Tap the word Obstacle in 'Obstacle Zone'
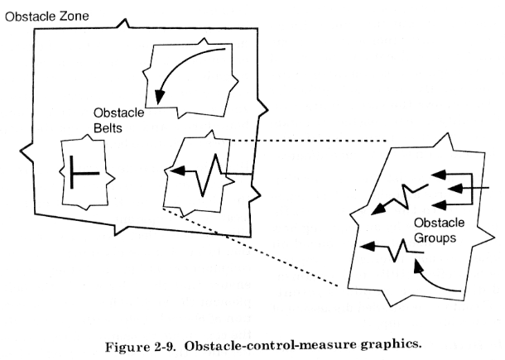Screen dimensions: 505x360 31,17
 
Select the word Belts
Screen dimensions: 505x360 108,127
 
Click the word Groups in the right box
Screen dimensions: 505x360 435,238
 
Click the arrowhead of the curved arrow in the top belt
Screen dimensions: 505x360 159,98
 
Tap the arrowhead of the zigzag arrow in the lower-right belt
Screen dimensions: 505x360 176,170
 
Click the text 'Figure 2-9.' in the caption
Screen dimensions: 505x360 140,347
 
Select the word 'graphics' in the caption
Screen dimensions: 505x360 391,344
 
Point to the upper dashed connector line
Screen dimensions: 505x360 309,141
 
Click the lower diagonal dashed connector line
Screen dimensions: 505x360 250,247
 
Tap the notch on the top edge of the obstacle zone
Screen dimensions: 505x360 124,22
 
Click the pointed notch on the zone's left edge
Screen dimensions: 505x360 25,150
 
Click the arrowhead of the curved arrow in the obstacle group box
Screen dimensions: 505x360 417,266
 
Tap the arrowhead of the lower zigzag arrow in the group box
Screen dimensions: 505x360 367,247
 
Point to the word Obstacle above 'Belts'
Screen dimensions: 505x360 119,113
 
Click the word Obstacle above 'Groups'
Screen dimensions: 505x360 439,223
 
